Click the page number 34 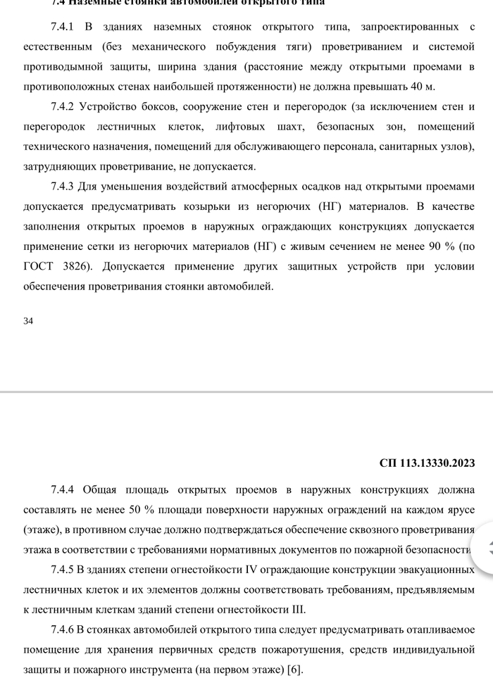coord(28,321)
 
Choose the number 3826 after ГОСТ coord(75,268)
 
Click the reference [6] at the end coord(294,669)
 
